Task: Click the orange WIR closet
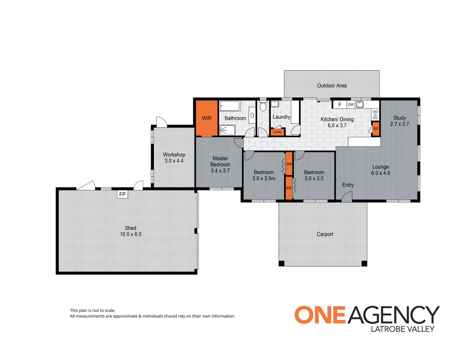pos(207,118)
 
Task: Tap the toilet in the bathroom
pos(263,106)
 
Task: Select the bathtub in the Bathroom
pos(230,106)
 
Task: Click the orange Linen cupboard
pos(277,132)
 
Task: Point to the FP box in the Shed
pos(122,194)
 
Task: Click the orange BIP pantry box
pos(376,129)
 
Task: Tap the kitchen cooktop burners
pos(375,114)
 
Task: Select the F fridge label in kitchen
pos(340,105)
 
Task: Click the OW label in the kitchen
pos(350,105)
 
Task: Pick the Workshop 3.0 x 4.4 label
pos(174,158)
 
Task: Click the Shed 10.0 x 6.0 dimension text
pos(131,234)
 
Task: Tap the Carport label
pos(325,234)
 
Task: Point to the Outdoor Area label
pos(332,86)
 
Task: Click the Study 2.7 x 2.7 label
pos(399,121)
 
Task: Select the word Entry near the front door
pos(348,185)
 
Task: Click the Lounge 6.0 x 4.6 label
pos(380,170)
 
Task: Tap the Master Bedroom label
pos(220,164)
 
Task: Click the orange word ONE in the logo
pos(319,315)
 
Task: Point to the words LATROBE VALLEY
pos(402,329)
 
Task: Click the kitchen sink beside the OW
pos(360,104)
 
